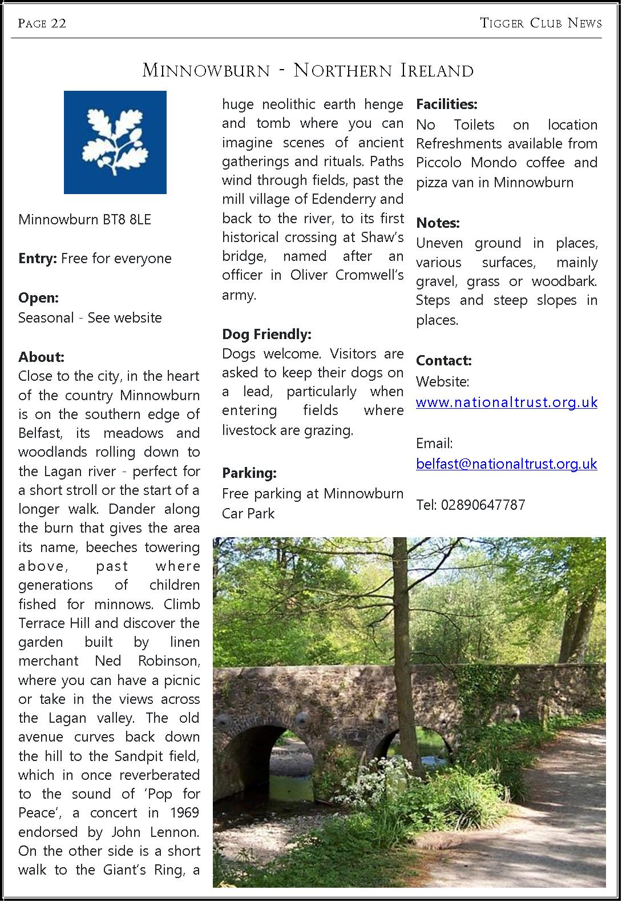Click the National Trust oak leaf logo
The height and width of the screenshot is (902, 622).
point(115,142)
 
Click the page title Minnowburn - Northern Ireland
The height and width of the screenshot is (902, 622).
point(308,71)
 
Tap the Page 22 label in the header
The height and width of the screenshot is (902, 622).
point(42,23)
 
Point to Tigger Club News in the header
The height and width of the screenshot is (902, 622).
point(541,23)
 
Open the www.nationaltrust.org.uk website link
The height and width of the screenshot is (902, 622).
point(507,402)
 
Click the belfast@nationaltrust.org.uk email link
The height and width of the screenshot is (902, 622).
point(507,464)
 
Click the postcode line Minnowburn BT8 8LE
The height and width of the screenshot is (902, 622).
point(84,220)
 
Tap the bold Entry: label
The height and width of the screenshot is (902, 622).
point(37,259)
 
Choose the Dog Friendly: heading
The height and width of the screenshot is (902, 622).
point(266,334)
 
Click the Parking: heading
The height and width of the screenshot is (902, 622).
point(249,473)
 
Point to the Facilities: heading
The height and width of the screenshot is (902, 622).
point(446,104)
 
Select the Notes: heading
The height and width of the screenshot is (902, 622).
point(438,223)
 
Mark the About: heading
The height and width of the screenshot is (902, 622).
point(41,357)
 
